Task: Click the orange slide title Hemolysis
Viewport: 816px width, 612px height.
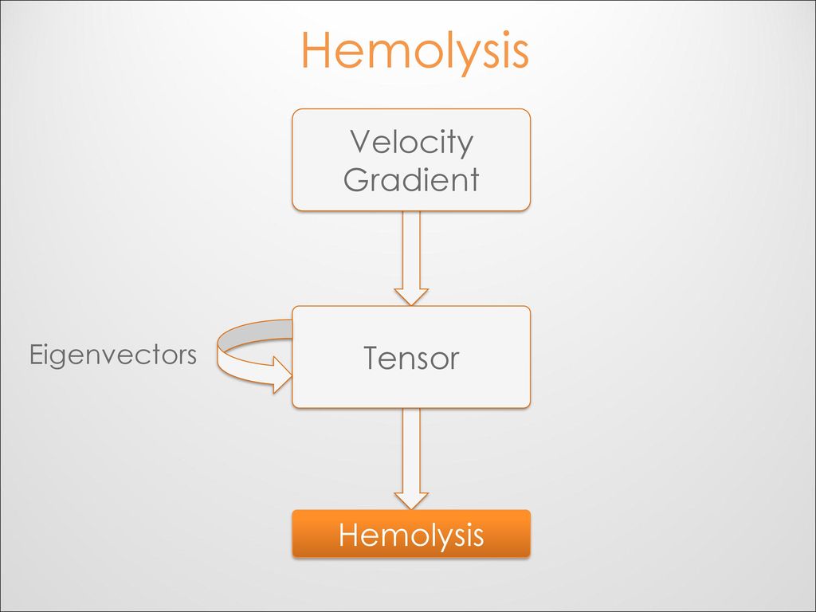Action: pos(414,51)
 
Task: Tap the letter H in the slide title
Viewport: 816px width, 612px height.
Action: pos(316,49)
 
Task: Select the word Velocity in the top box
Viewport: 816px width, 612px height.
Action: pos(411,142)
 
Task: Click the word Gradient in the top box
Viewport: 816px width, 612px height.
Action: pos(411,179)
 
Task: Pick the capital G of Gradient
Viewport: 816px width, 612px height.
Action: pos(356,179)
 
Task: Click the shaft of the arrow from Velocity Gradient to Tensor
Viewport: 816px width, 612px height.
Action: pos(411,249)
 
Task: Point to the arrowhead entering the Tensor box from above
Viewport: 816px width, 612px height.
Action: pos(411,296)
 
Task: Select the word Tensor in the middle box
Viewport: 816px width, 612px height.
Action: pos(411,358)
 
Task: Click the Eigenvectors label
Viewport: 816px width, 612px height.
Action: pos(113,356)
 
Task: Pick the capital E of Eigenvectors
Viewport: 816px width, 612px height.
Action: pos(37,355)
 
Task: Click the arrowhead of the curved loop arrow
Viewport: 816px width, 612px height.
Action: pos(283,375)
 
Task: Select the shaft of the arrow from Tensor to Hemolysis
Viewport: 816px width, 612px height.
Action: pos(411,450)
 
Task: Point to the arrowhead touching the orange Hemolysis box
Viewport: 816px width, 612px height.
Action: pos(411,500)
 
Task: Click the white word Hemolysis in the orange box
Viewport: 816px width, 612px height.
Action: pos(411,535)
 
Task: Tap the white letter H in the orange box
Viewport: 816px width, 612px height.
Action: pos(349,535)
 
